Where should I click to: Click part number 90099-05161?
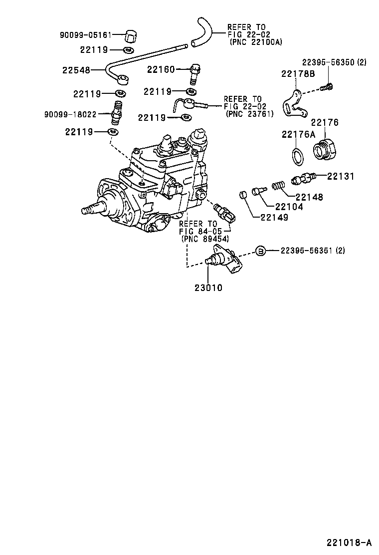click(x=84, y=35)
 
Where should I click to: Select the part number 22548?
click(x=76, y=70)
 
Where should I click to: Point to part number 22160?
click(x=161, y=69)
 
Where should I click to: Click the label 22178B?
click(x=298, y=74)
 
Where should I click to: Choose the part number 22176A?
click(x=298, y=134)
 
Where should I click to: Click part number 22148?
click(x=309, y=197)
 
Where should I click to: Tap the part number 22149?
click(x=274, y=217)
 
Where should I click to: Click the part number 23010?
click(x=209, y=287)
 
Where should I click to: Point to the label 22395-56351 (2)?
click(x=319, y=251)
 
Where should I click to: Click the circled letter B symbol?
click(x=260, y=251)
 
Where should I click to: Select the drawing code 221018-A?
click(x=349, y=543)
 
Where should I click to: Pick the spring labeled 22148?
click(x=278, y=187)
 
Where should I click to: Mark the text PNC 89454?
click(x=205, y=239)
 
